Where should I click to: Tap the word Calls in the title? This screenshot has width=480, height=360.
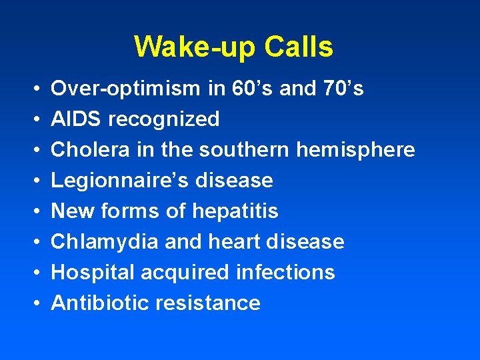point(298,47)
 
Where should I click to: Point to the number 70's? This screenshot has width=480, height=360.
point(344,89)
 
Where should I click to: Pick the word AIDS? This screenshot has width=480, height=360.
point(77,119)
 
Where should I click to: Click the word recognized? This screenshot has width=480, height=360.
point(164,119)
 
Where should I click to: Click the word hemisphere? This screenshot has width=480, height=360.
point(355,150)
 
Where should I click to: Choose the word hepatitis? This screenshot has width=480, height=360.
point(235,211)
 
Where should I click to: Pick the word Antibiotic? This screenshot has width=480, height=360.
point(100,303)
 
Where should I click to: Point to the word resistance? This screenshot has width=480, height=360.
point(207,303)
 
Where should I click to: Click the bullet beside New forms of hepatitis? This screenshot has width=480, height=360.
point(33,211)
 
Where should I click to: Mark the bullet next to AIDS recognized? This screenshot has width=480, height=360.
point(33,119)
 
